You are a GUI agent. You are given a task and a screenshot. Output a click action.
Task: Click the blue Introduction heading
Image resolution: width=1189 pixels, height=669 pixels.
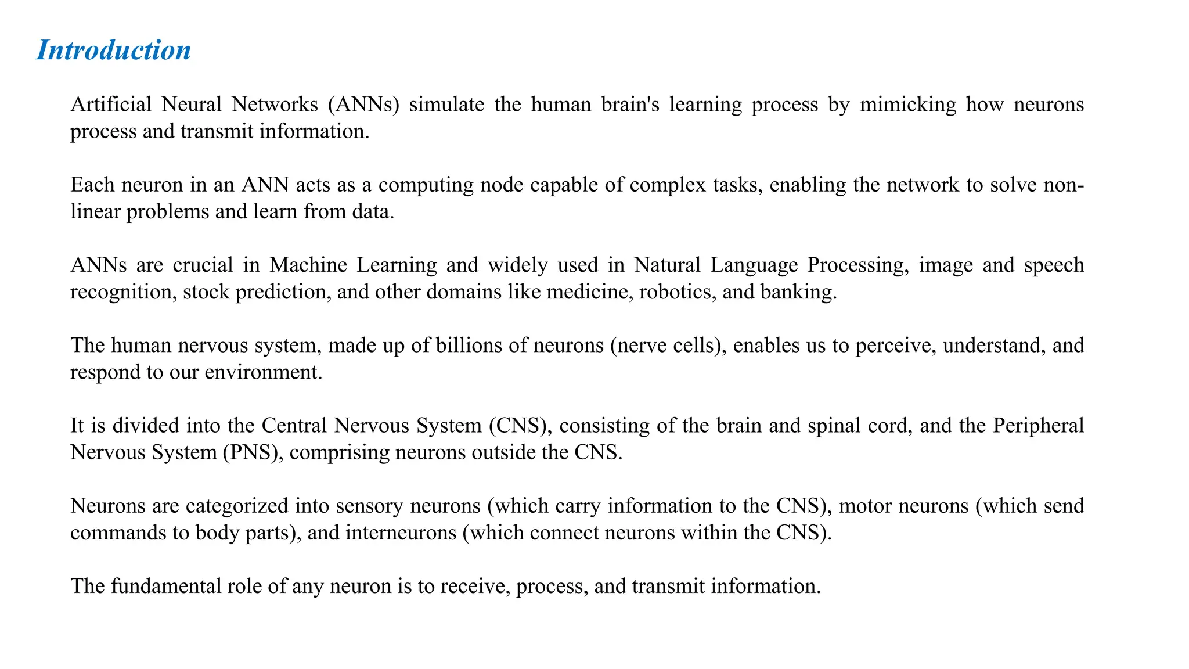click(x=114, y=50)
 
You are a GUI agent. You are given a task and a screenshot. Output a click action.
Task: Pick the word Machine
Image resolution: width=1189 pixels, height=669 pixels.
click(x=308, y=265)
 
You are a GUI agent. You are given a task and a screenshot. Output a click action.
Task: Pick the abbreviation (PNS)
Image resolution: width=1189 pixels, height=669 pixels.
click(x=253, y=452)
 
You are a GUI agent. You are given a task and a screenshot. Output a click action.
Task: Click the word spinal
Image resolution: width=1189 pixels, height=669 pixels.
click(x=836, y=426)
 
